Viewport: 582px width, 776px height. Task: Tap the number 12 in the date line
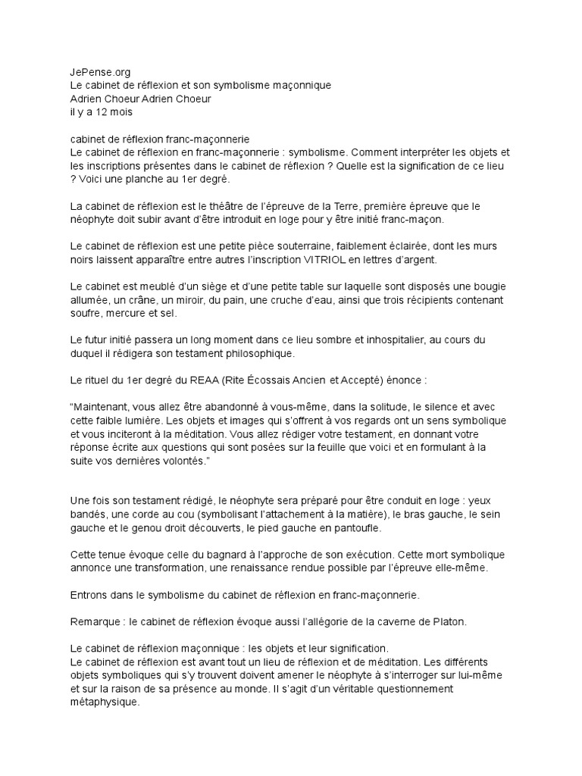(x=95, y=112)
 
